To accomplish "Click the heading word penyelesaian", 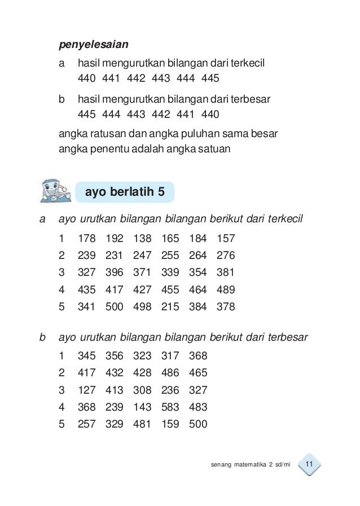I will click(x=94, y=43).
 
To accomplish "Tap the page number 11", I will click(x=308, y=465).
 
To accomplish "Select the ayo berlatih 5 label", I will click(x=125, y=192).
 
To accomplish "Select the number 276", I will click(x=225, y=256).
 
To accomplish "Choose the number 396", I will click(x=115, y=273).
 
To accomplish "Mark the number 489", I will click(x=225, y=291).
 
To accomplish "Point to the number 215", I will click(x=170, y=308).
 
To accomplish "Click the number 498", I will click(x=142, y=308).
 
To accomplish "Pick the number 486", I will click(x=170, y=373).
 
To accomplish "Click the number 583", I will click(x=170, y=407).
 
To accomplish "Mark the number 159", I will click(x=170, y=425).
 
